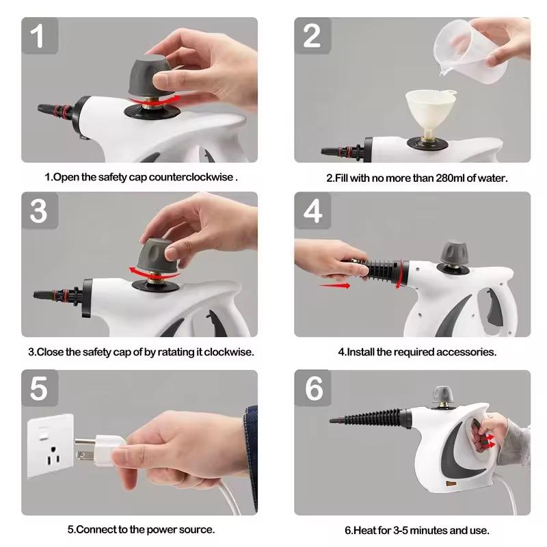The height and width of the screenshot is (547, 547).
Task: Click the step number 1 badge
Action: point(39,35)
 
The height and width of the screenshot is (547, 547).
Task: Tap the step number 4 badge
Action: point(312,212)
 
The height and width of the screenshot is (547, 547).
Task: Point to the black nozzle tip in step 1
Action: point(45,109)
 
